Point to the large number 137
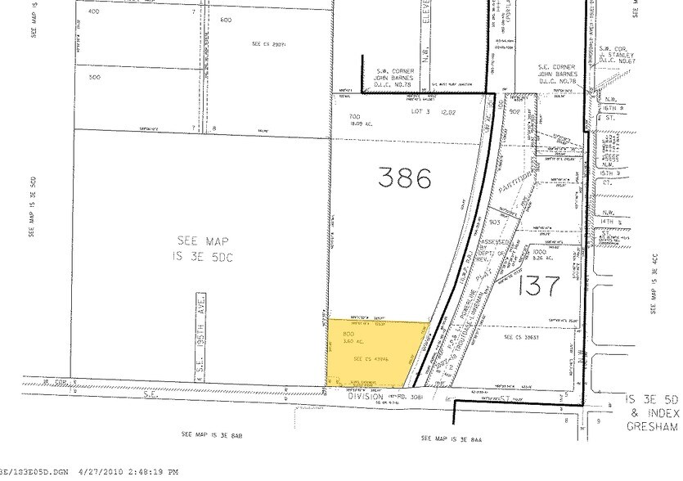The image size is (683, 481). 538,286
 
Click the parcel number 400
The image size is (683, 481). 93,12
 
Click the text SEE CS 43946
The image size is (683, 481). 367,358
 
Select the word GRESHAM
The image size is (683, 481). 652,426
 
